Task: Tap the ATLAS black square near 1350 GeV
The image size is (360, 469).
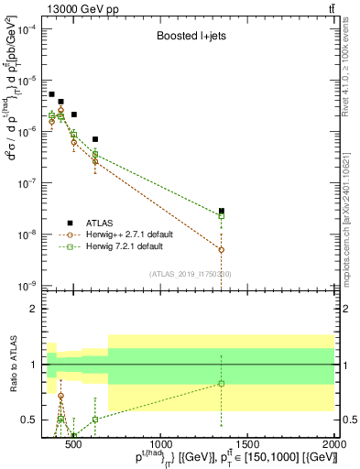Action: pos(222,211)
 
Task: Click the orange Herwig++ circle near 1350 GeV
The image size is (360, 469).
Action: pos(222,249)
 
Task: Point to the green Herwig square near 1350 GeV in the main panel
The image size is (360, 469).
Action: pos(222,216)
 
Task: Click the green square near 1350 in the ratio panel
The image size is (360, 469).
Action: pos(222,384)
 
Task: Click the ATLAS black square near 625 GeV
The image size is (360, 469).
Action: pos(95,139)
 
